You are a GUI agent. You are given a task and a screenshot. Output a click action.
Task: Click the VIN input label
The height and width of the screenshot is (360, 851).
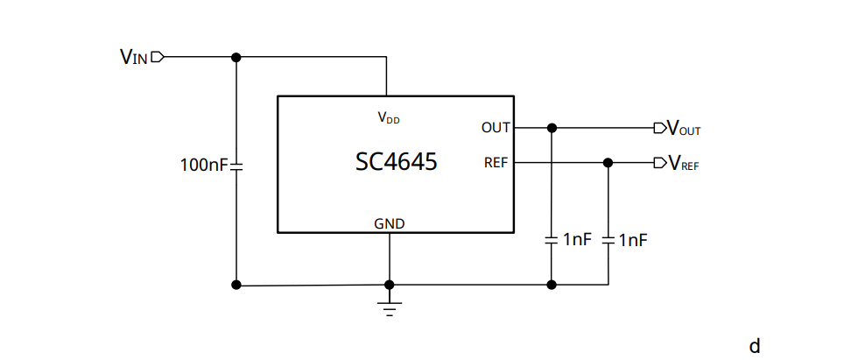(134, 58)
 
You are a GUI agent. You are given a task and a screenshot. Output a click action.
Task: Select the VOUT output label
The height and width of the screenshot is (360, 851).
(684, 129)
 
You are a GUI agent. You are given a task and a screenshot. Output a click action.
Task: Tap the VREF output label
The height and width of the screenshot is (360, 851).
(684, 164)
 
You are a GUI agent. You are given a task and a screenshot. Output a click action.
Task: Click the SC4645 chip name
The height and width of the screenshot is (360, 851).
(396, 162)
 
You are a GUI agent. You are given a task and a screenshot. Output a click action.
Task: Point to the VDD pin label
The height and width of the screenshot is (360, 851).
(388, 117)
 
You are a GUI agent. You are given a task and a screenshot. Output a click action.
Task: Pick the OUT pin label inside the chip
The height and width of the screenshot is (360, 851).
(496, 128)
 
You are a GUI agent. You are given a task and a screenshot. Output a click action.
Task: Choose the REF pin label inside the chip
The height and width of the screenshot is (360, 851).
(496, 163)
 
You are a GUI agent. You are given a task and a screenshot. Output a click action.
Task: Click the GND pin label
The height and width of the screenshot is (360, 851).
(390, 223)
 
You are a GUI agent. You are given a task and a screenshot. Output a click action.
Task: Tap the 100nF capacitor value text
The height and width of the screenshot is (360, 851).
(204, 165)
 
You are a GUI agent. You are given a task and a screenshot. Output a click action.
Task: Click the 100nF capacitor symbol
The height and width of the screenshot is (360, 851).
(236, 165)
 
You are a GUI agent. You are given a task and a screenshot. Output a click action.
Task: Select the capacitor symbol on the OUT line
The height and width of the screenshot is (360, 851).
(552, 239)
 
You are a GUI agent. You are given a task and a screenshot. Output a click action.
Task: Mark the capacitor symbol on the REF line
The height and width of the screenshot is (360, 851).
(608, 239)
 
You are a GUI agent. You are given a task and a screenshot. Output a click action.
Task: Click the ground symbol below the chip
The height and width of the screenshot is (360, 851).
(390, 307)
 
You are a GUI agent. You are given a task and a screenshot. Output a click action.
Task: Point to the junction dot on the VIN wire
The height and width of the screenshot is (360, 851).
(236, 58)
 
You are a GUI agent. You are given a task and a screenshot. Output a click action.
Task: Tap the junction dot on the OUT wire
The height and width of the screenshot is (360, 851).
(552, 128)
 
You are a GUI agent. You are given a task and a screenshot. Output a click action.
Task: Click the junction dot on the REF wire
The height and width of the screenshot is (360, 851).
(608, 163)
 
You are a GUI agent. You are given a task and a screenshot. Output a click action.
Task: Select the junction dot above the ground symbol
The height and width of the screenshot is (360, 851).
(390, 285)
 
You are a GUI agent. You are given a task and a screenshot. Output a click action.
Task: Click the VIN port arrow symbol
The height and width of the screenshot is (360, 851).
(158, 58)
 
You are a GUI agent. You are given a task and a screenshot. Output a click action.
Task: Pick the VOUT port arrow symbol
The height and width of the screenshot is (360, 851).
(659, 128)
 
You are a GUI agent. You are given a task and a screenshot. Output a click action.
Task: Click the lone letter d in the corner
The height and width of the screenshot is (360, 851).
(755, 346)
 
